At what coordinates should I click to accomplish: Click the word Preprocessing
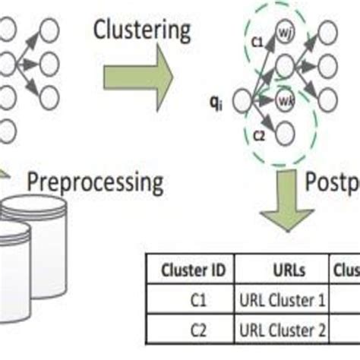(x=95, y=182)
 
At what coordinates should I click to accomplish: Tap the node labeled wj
(x=284, y=33)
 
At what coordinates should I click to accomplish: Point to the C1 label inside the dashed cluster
(x=257, y=43)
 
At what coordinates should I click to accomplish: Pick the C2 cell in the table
(x=190, y=329)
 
